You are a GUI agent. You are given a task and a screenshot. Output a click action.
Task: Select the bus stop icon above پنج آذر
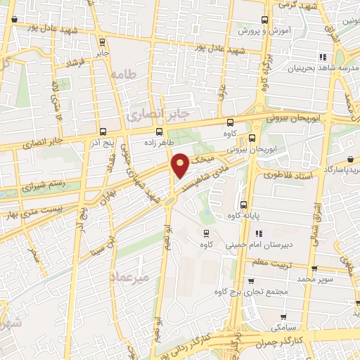pos(103,131)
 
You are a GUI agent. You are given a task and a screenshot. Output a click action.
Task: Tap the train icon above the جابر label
pos(103,41)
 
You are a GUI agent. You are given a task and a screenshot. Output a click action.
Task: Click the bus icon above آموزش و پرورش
pos(264,20)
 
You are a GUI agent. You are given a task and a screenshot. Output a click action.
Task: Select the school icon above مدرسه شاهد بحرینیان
pos(323,57)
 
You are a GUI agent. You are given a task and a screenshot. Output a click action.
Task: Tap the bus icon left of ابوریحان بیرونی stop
pos(251,137)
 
